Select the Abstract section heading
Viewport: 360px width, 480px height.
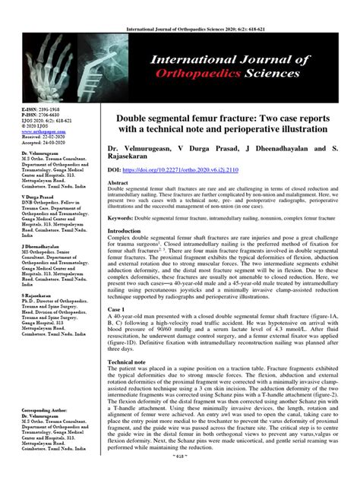coord(119,183)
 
